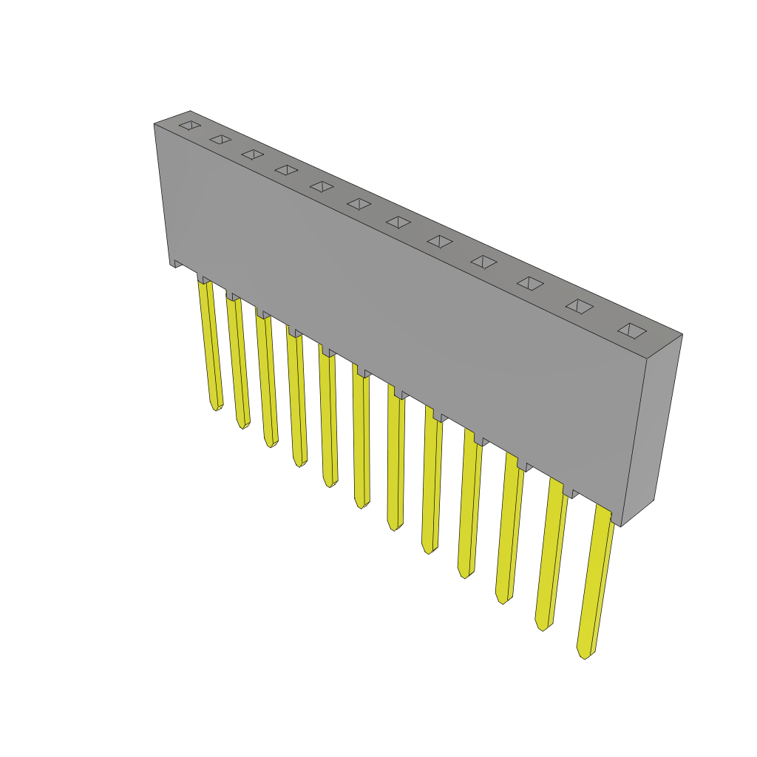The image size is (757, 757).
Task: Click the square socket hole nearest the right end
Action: (x=632, y=330)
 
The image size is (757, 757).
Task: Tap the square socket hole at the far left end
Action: (x=190, y=125)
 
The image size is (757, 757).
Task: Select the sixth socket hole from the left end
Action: (x=359, y=203)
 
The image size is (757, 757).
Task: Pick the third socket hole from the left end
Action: (x=253, y=154)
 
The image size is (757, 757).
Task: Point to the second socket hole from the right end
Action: (x=580, y=306)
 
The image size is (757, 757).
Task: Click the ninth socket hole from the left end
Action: (x=483, y=262)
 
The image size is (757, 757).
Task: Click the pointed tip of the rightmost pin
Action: (x=584, y=655)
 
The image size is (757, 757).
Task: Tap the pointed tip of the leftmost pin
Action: (x=216, y=407)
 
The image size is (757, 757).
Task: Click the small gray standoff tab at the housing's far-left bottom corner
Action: (x=177, y=262)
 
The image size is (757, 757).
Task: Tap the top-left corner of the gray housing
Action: (x=155, y=125)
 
